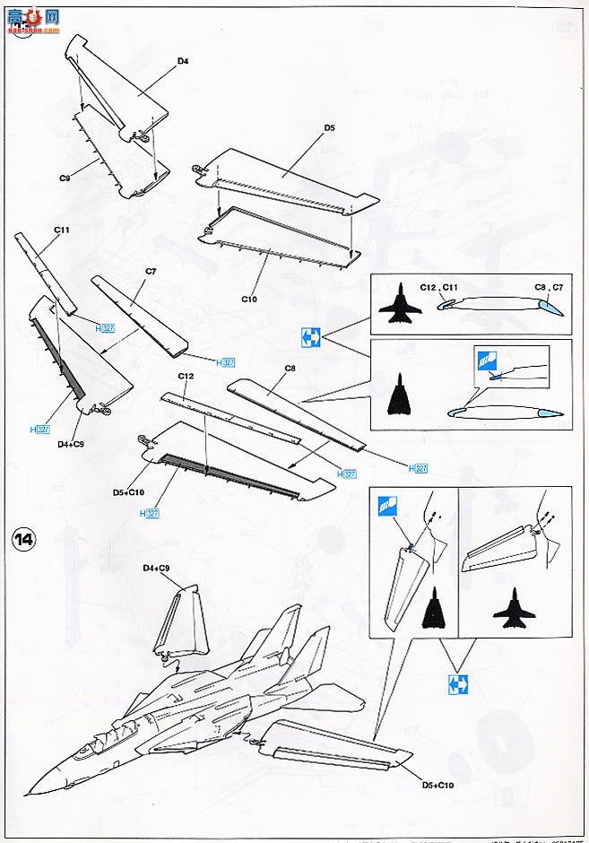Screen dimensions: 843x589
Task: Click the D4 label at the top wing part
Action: pos(183,61)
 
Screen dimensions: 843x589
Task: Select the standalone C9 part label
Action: pos(65,178)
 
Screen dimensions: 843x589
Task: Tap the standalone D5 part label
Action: pos(329,128)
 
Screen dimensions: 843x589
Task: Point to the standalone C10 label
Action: pos(249,299)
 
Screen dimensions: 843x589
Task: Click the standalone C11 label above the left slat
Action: pos(62,230)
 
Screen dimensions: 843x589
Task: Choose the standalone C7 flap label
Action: pos(151,271)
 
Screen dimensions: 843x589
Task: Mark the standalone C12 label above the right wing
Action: pos(186,375)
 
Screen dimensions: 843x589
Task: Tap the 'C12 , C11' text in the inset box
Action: pos(439,287)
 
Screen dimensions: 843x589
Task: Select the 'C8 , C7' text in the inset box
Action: pos(548,287)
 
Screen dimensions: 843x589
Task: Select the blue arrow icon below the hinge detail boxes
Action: pos(457,685)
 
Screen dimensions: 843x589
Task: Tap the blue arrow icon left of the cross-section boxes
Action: pos(310,338)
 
